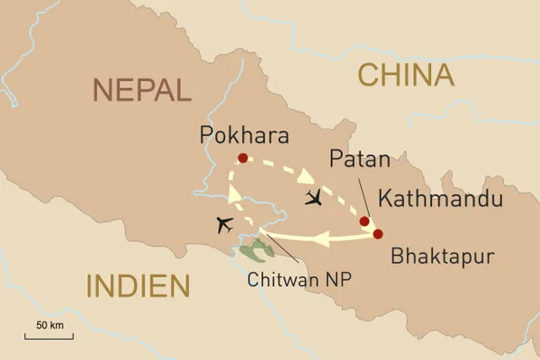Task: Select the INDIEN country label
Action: pos(138,286)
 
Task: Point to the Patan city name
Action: pos(360,160)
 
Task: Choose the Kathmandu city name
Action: pos(440,199)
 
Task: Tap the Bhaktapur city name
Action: pos(443,256)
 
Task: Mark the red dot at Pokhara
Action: pos(242,158)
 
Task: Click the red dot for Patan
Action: pos(364,221)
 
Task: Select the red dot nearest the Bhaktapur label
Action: pos(377,234)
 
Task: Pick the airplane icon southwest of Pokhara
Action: pos(224,223)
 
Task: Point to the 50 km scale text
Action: pos(49,324)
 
